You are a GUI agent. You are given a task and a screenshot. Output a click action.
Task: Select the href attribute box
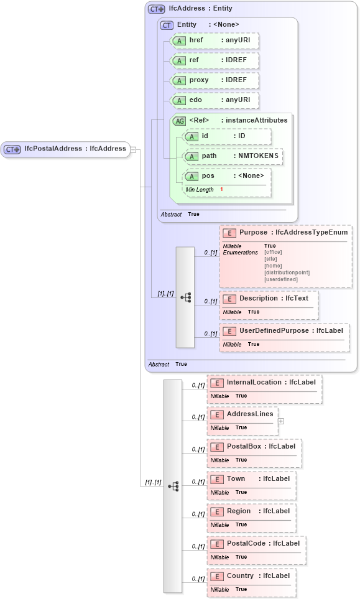pos(214,40)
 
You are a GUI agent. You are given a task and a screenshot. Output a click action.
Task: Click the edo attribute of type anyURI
pos(214,100)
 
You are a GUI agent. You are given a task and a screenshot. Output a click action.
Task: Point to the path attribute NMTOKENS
pos(233,156)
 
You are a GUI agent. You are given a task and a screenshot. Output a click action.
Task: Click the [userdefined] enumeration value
pos(281,279)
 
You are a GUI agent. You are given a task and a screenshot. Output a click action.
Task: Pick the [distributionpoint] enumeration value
pos(287,273)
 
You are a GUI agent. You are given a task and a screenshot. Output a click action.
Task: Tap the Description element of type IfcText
pos(267,299)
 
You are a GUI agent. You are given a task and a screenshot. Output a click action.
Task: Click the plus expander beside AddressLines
pos(281,421)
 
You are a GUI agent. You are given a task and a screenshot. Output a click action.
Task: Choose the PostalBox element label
pos(254,447)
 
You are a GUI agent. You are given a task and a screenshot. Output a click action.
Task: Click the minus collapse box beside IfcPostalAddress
pos(134,149)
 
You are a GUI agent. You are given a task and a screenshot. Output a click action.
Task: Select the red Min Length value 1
pos(221,189)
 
